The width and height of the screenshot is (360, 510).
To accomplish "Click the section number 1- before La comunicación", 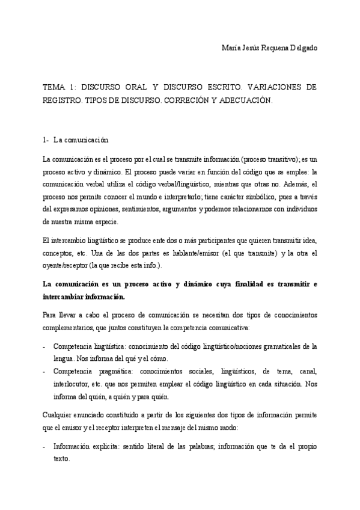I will point(46,140).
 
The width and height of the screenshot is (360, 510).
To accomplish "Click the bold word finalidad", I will point(240,284).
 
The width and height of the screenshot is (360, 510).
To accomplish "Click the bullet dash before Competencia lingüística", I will point(44,346).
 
